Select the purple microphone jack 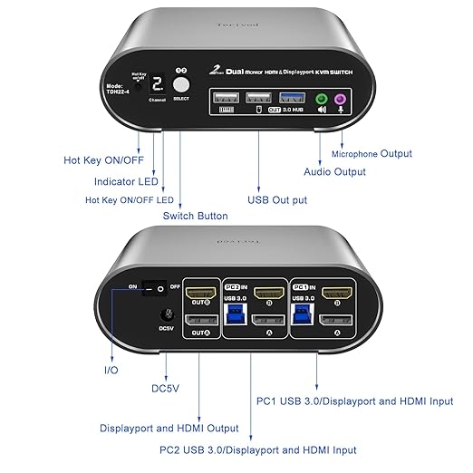click(x=343, y=101)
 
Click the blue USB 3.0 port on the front click(x=289, y=98)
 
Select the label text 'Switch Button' click(x=195, y=216)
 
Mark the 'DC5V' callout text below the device click(x=166, y=388)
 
